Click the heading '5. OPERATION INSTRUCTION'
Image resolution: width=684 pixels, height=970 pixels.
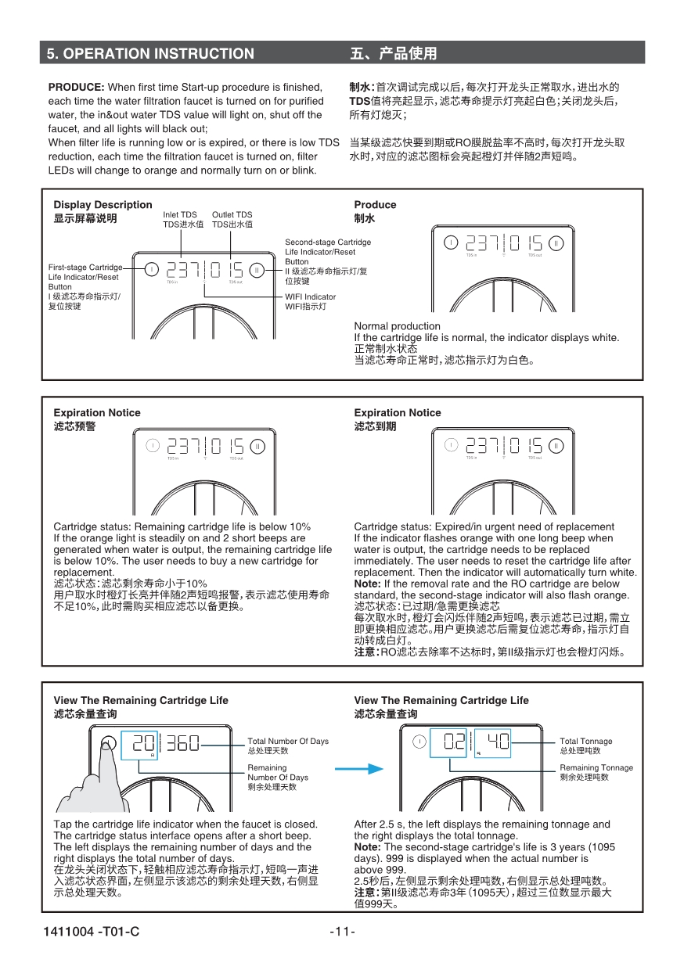pos(150,53)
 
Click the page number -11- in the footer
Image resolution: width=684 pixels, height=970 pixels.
pos(342,931)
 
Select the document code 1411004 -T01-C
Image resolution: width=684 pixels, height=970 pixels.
pos(92,931)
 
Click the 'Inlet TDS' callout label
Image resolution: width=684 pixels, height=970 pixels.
pos(180,214)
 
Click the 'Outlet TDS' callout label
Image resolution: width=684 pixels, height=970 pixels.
pos(232,214)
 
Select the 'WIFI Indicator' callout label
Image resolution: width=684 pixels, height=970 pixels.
pos(310,297)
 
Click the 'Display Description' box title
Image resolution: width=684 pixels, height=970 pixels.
pos(103,205)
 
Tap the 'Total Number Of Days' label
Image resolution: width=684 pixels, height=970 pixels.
pos(288,741)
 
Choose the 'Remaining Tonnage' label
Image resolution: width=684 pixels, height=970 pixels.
pos(596,767)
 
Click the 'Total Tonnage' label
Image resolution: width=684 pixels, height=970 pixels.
pos(585,741)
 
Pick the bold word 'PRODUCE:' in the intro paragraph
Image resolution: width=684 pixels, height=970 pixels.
pos(76,87)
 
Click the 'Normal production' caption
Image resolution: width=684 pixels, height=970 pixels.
pos(397,326)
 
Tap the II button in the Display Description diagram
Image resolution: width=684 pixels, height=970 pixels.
pos(257,270)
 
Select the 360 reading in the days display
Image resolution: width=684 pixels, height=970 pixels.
pos(182,742)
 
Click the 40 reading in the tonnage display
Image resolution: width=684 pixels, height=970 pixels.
pos(499,742)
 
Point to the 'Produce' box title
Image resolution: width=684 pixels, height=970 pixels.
pos(375,205)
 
